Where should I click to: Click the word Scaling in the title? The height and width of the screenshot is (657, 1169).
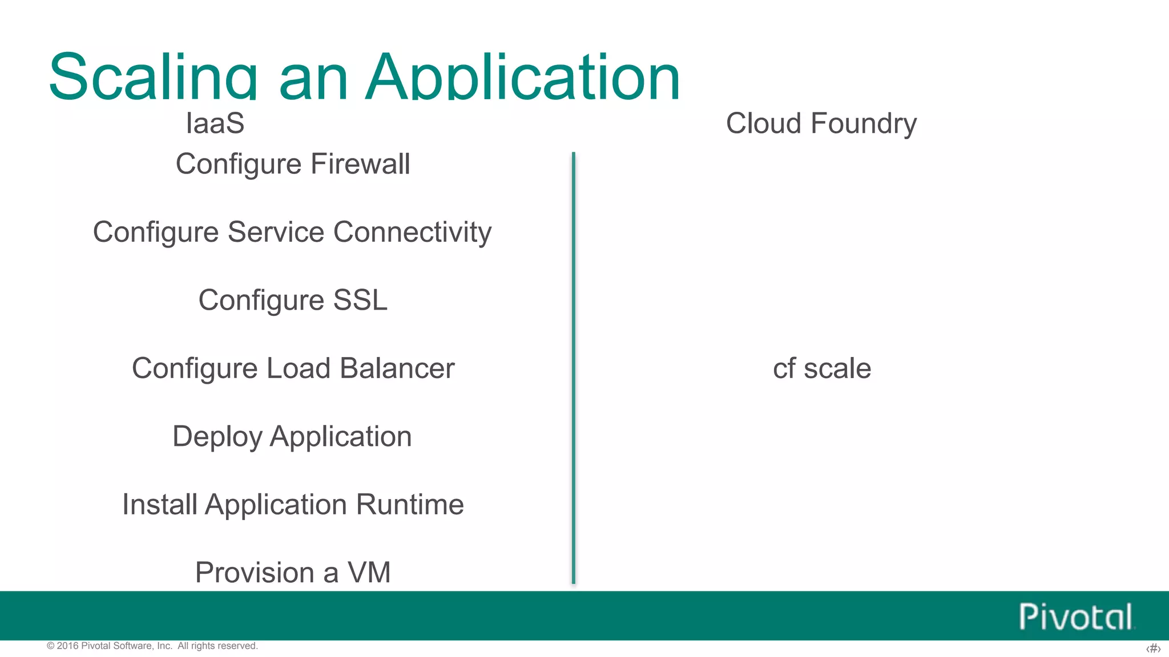point(153,77)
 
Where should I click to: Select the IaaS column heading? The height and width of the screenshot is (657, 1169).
point(215,123)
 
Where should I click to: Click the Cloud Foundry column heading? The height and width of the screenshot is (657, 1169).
point(821,123)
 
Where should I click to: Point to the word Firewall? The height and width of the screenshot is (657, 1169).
point(360,164)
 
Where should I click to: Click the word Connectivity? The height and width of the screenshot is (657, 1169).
point(412,232)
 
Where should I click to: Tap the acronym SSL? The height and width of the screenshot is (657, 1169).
point(360,300)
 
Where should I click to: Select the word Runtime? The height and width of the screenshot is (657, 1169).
point(410,505)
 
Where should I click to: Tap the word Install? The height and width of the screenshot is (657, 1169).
point(160,505)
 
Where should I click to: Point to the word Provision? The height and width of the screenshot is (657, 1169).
point(255,573)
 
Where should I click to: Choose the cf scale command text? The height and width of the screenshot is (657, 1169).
point(821,368)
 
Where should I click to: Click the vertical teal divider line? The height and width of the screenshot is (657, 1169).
point(573,368)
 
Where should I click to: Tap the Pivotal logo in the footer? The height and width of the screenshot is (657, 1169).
point(1076,617)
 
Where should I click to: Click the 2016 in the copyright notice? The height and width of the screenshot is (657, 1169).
point(67,646)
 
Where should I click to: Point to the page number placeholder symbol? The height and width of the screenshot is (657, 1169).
point(1153,648)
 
